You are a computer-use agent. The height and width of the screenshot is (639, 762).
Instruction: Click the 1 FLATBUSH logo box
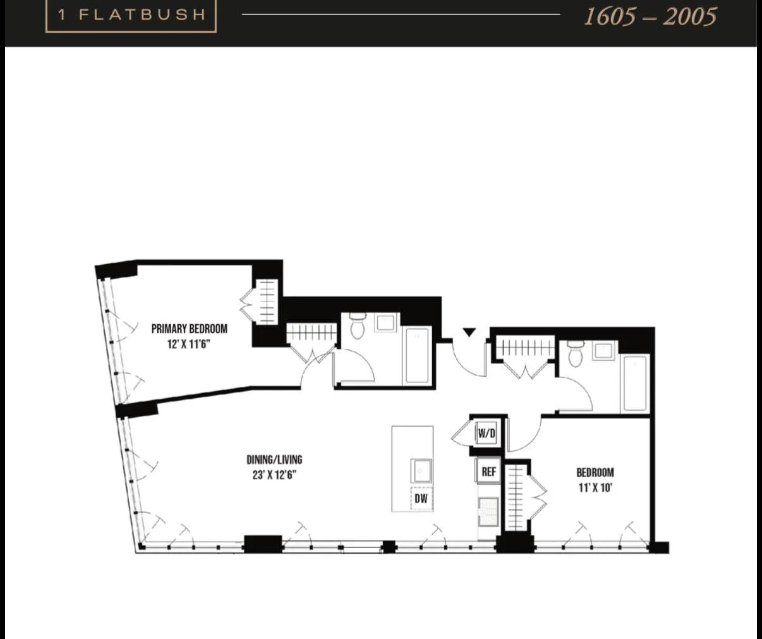(131, 15)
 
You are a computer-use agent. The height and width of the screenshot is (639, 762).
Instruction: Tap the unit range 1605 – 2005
(650, 16)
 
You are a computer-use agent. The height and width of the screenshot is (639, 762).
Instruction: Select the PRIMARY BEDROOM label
(189, 329)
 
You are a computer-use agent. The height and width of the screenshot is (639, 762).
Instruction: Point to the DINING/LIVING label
(274, 459)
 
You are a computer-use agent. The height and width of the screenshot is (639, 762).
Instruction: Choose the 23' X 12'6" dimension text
(274, 475)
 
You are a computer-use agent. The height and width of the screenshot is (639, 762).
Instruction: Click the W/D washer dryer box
(487, 434)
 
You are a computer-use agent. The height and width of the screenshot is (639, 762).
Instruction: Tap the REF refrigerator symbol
(488, 472)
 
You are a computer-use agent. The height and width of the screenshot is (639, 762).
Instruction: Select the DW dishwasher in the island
(421, 499)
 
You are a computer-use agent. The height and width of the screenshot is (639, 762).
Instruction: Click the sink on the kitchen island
(421, 471)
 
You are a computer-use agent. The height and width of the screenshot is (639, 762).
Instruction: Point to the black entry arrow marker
(469, 332)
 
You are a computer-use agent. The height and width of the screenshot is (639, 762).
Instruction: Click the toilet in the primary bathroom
(358, 327)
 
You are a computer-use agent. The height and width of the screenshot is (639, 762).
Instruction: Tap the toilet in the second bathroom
(575, 354)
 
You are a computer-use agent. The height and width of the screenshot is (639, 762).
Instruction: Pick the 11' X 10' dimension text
(595, 487)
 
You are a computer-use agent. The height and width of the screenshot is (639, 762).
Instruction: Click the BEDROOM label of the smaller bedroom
(595, 472)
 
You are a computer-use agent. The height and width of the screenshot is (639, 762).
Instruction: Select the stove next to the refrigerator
(488, 511)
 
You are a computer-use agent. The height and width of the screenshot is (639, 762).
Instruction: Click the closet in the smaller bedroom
(516, 497)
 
